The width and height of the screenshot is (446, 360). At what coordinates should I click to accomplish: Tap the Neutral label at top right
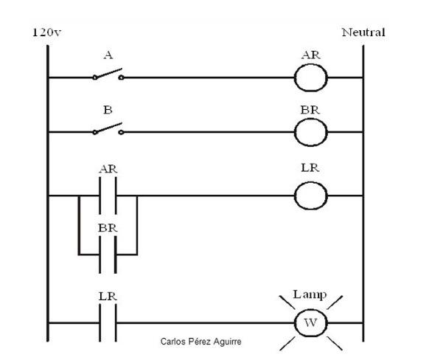[x=363, y=32]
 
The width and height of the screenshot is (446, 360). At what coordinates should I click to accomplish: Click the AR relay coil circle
[x=310, y=77]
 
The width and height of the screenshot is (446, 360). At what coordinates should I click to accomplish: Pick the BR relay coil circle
[x=310, y=132]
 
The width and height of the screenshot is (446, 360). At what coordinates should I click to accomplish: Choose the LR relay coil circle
[x=310, y=195]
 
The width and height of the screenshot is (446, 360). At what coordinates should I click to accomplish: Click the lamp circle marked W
[x=310, y=323]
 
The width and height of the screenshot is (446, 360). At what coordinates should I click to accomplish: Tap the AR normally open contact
[x=108, y=195]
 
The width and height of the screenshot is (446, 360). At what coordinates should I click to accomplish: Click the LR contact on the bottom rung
[x=108, y=323]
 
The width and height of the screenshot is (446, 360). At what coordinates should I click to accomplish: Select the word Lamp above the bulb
[x=310, y=294]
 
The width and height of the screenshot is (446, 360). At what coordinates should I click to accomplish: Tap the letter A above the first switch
[x=108, y=54]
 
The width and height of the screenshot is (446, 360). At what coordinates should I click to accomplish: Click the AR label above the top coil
[x=310, y=55]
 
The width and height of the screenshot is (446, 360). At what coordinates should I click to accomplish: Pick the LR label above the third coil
[x=310, y=169]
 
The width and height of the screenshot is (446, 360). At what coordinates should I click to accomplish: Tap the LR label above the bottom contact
[x=108, y=296]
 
